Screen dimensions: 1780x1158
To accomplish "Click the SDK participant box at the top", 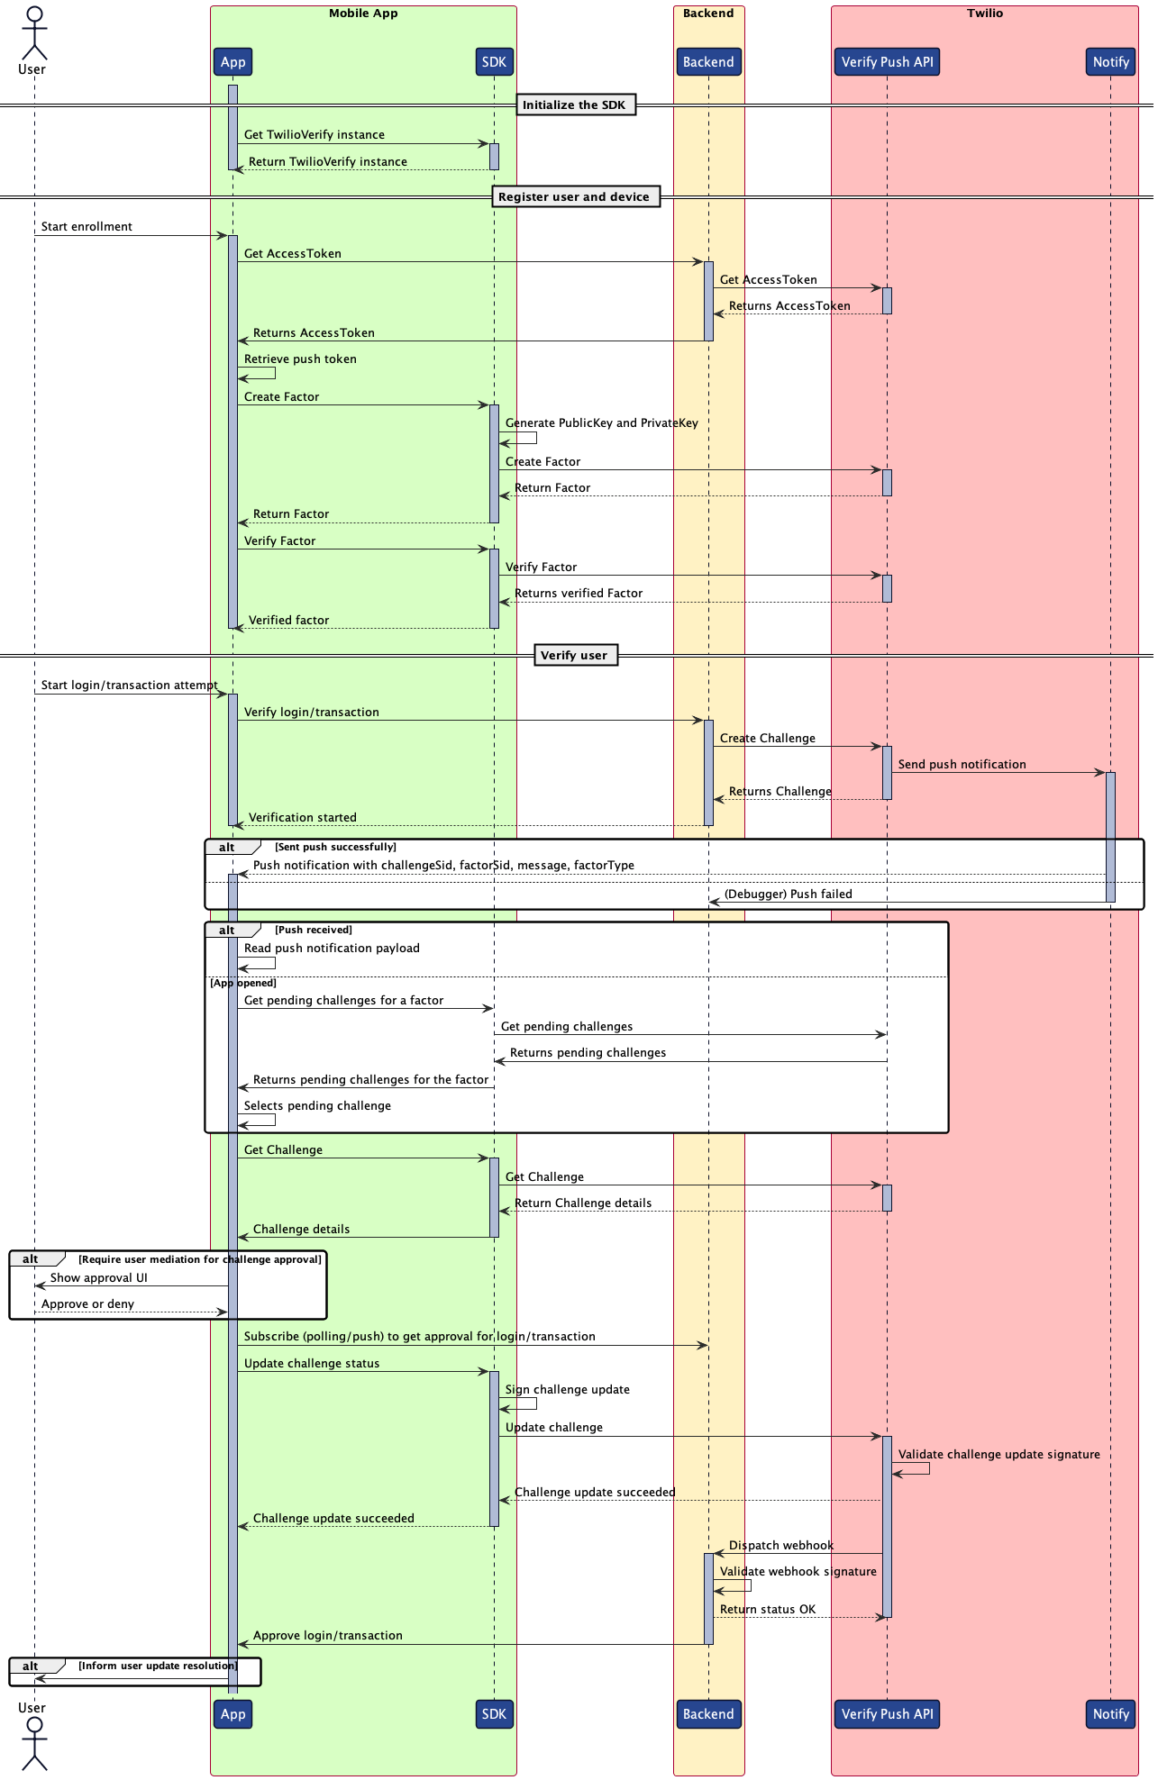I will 494,62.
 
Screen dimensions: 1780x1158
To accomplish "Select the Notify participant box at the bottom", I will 1110,1714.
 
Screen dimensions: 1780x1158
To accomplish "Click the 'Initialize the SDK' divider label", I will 574,105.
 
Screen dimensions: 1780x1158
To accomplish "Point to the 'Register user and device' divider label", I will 574,197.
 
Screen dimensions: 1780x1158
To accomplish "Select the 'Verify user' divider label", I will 574,656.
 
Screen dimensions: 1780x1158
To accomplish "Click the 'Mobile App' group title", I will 363,14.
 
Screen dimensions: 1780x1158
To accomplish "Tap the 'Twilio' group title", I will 984,14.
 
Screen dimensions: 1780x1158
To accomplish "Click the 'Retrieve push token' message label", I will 300,359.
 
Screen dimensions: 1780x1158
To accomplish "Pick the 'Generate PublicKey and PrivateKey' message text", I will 601,423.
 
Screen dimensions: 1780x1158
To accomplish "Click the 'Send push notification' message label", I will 962,765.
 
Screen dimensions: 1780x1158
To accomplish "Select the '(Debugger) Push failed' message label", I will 788,895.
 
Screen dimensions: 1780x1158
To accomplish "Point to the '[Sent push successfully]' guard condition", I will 335,848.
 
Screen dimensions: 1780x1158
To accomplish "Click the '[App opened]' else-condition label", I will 243,984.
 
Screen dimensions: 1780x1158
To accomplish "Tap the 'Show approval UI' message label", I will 99,1278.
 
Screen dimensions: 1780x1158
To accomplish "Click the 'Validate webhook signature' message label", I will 798,1572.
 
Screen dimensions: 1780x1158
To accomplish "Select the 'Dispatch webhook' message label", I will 780,1546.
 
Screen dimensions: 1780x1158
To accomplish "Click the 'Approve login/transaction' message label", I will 327,1636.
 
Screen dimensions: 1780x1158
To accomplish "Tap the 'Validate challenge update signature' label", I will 998,1455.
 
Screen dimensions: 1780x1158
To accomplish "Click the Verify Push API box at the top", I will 887,62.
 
